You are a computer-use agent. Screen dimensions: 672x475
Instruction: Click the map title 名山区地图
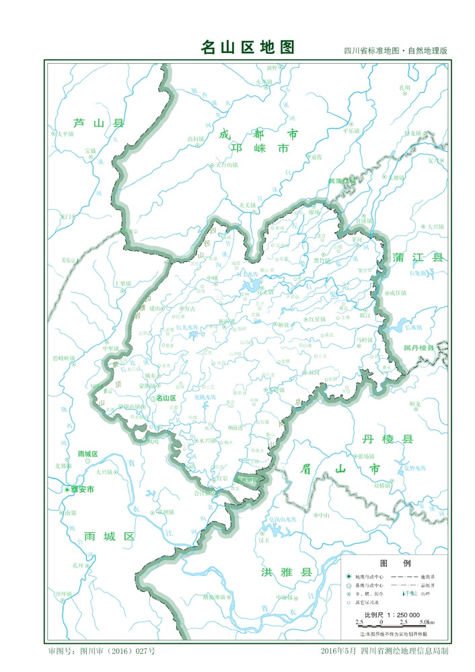(248, 47)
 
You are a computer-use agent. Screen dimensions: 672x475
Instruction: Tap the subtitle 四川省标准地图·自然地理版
(396, 51)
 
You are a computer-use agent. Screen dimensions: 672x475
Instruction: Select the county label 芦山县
(99, 123)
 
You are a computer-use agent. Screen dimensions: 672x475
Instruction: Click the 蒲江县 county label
(419, 258)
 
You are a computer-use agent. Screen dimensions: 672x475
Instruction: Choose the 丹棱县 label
(387, 439)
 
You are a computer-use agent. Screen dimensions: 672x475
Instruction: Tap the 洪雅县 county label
(287, 573)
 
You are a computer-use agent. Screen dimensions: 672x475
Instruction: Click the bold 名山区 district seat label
(166, 398)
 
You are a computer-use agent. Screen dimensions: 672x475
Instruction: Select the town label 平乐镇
(351, 131)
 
